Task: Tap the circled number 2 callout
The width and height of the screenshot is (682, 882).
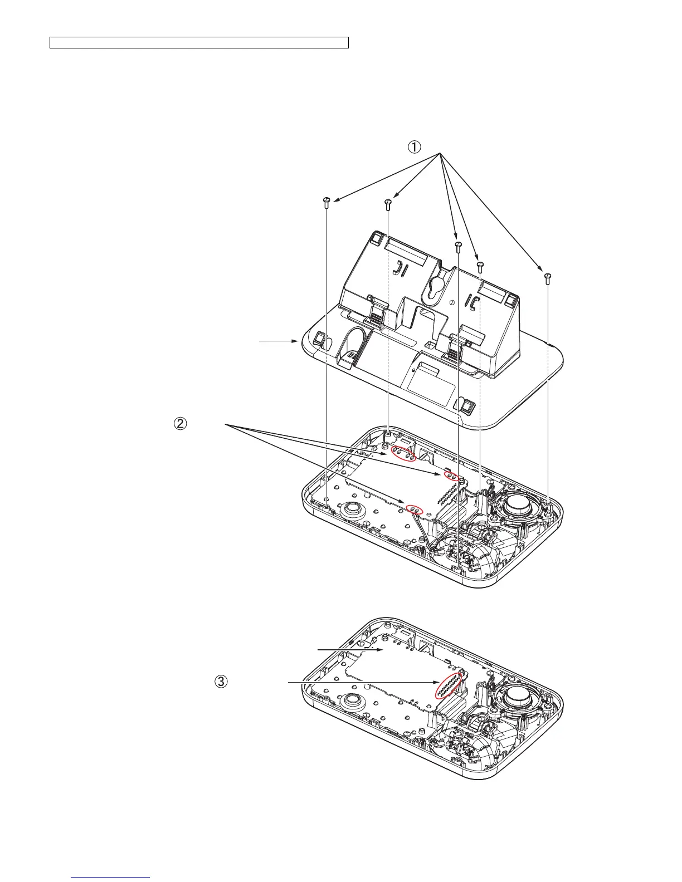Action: [x=180, y=424]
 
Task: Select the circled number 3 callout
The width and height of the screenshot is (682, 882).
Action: [x=221, y=681]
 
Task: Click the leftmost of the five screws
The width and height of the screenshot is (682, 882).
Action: [x=327, y=202]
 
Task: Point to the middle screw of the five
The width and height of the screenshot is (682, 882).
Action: [x=458, y=246]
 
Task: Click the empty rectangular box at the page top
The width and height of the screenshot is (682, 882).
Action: [x=199, y=43]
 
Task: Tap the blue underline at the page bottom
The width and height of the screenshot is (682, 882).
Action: [x=111, y=878]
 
